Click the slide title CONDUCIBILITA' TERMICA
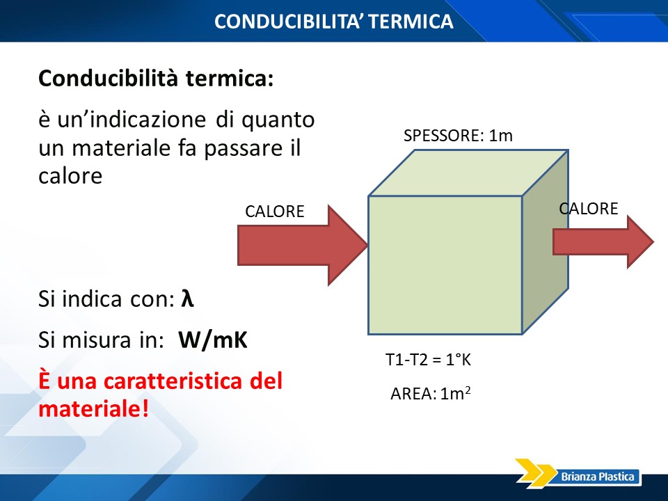coord(333,22)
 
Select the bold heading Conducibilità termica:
coord(156,79)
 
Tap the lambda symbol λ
coord(187,299)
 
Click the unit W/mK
coord(213,340)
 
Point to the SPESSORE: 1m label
coord(458,136)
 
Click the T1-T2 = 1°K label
coord(428,360)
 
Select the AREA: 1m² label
coord(430,392)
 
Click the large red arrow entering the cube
coord(303,246)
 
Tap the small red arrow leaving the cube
coord(603,242)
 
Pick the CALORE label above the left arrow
coord(275,212)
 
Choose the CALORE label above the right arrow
coord(589,209)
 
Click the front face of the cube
coord(445,265)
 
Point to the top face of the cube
coord(468,173)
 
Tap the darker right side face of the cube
coord(546,243)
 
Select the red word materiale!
coord(94,409)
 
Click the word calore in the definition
coord(70,175)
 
